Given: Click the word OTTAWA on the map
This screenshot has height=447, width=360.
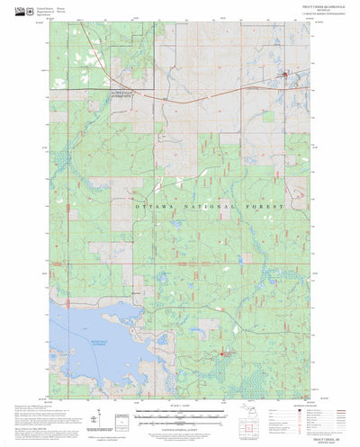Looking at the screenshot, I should [151, 207].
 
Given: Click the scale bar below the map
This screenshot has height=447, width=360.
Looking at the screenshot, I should [180, 407].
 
